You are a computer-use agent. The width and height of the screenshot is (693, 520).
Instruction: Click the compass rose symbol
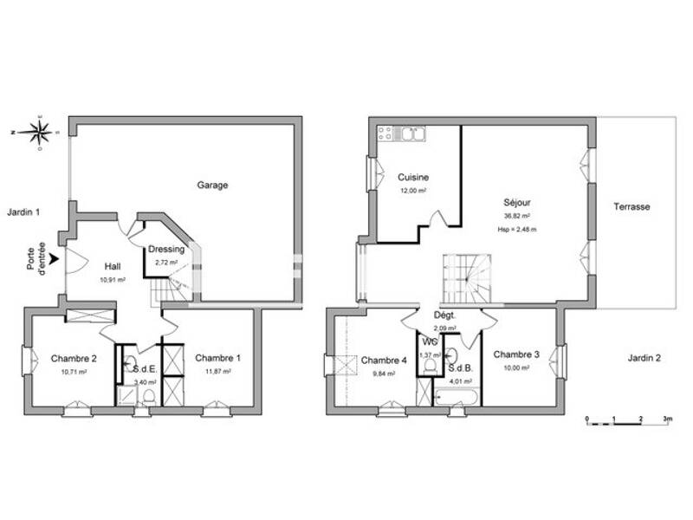click(39, 133)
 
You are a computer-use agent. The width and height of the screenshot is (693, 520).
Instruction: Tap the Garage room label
click(212, 185)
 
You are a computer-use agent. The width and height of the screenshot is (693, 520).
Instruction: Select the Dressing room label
click(165, 250)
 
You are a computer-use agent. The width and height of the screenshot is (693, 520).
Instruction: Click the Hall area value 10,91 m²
click(113, 280)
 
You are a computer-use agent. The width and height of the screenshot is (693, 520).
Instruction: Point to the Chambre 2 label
click(74, 358)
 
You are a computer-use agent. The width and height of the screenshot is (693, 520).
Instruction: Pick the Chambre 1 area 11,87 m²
click(217, 372)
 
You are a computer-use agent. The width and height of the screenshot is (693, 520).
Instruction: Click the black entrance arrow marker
click(56, 258)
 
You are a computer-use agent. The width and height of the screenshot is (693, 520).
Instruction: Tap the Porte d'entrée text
click(36, 258)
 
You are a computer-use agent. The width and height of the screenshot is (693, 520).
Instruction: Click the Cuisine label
click(413, 177)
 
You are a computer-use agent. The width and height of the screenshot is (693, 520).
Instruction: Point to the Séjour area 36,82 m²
click(516, 217)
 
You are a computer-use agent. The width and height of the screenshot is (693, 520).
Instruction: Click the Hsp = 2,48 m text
click(516, 230)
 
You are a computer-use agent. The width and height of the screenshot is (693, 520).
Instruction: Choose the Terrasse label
click(632, 207)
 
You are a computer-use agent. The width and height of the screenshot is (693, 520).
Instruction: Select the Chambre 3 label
click(516, 354)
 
